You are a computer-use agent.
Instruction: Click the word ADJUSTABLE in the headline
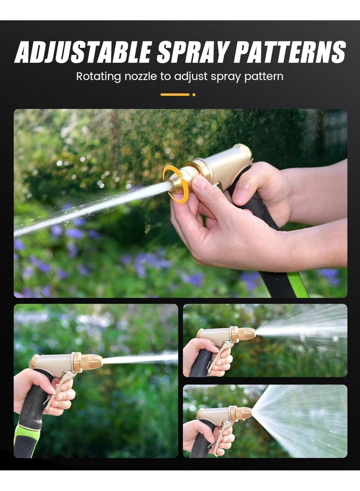(82, 52)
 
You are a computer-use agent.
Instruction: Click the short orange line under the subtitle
(175, 95)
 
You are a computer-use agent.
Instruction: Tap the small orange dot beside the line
(194, 95)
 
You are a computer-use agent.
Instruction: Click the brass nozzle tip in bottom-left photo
(91, 362)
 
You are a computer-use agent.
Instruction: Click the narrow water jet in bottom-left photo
(139, 359)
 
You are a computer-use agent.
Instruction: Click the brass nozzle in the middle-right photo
(245, 334)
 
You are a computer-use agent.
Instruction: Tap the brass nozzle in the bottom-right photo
(243, 413)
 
